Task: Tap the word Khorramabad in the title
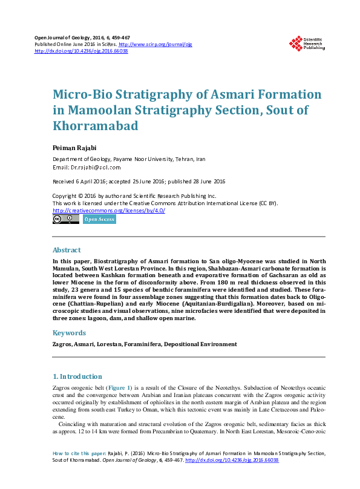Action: (96, 126)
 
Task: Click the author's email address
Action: (95, 167)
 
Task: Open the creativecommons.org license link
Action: (109, 210)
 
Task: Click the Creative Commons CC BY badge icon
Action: (65, 220)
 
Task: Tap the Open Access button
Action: (99, 220)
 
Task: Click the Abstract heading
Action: (67, 249)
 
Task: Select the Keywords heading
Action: (70, 333)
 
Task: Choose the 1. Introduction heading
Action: (78, 376)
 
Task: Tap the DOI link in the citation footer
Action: (232, 461)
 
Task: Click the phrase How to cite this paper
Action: (79, 453)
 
